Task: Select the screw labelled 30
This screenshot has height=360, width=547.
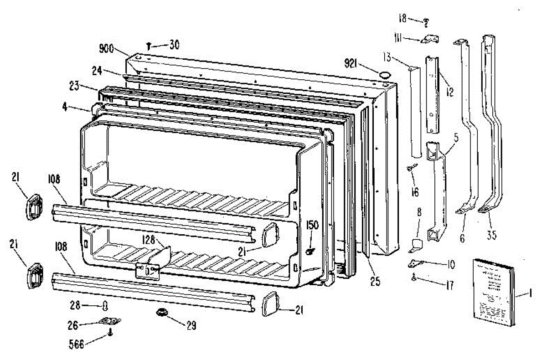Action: click(150, 46)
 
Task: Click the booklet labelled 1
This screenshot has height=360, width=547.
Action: click(494, 292)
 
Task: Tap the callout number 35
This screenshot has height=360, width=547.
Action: click(491, 235)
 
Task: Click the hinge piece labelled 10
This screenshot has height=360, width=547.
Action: click(416, 262)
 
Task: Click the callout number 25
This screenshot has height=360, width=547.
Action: click(375, 282)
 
